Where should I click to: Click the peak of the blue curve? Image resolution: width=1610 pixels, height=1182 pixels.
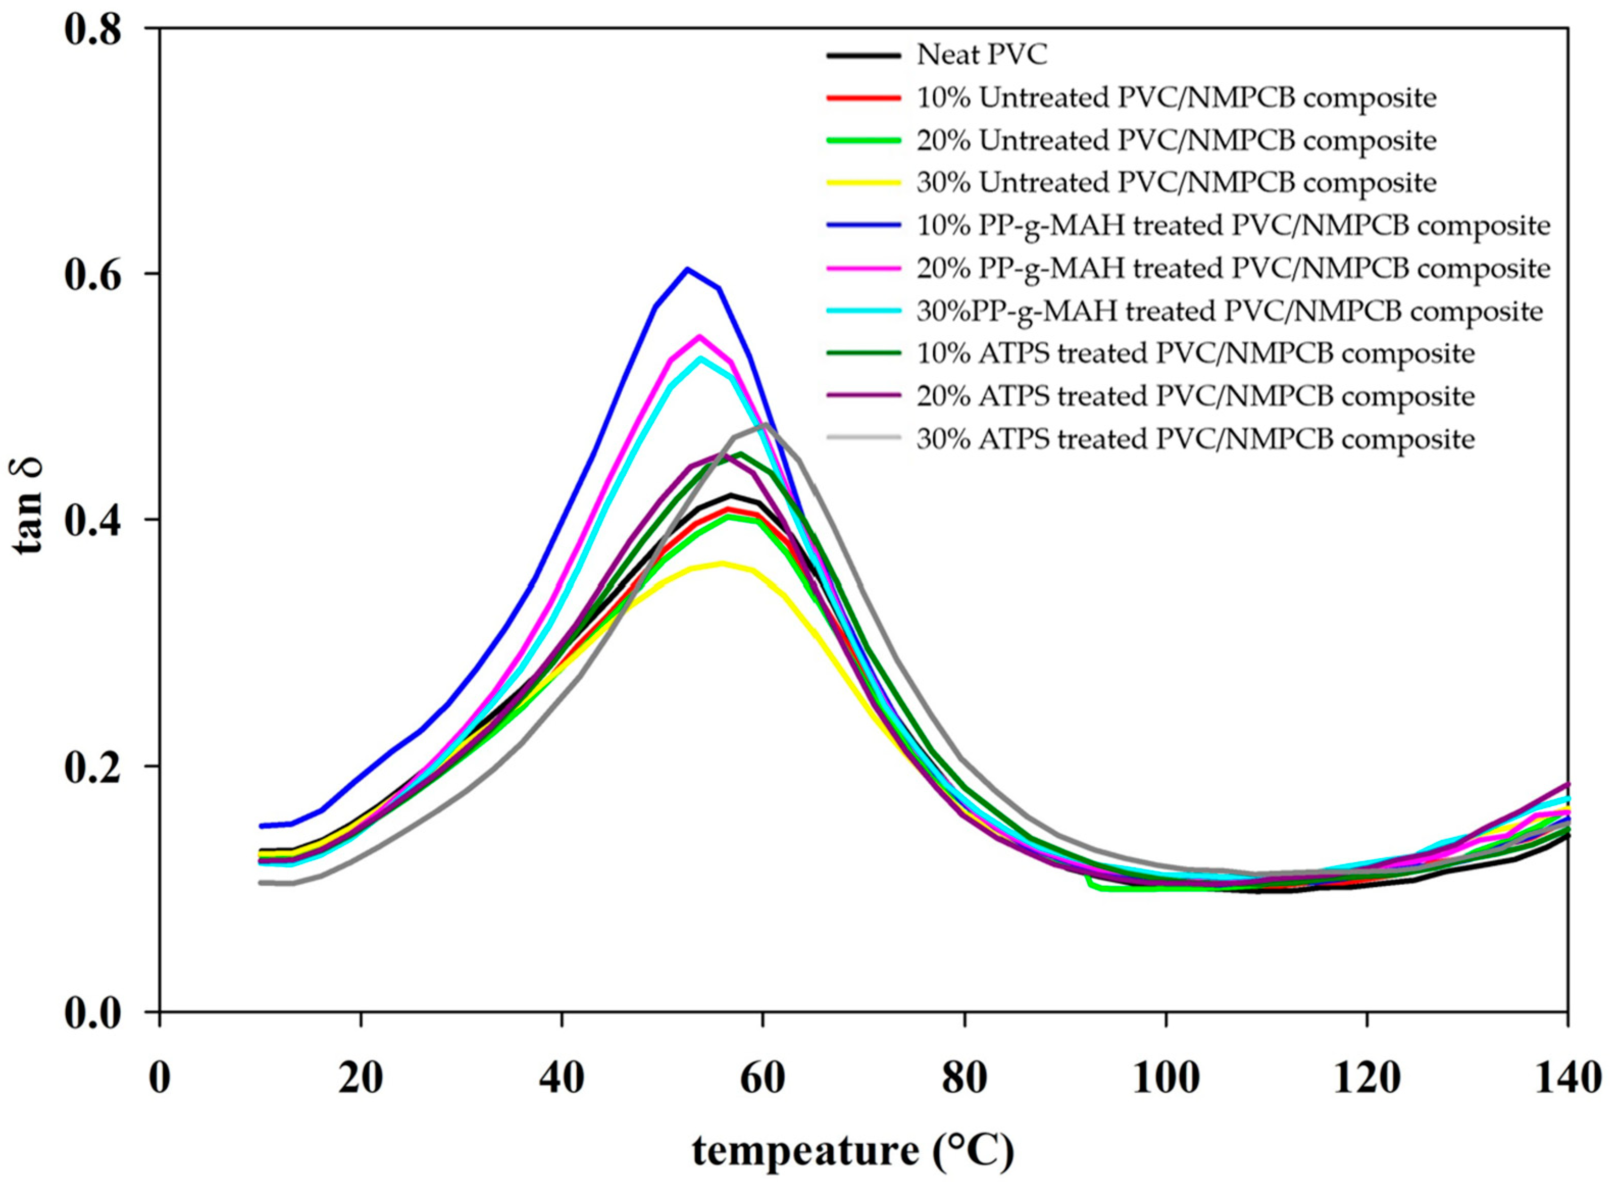pos(687,269)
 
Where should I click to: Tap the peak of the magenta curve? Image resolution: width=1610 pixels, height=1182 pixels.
pos(700,336)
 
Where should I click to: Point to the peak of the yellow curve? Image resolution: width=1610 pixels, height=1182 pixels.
pos(723,563)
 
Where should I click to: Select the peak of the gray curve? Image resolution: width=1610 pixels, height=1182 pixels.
pos(765,424)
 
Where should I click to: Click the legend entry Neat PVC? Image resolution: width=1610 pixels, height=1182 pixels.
pos(982,55)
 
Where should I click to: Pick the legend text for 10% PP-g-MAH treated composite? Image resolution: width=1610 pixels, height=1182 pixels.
pos(1234,225)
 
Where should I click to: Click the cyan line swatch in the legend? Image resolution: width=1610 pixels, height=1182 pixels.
pos(863,311)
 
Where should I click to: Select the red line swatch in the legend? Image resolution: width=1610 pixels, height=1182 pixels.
pos(863,97)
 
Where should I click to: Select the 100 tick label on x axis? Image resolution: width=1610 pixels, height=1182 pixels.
pos(1166,1078)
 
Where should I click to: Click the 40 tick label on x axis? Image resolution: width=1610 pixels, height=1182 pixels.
pos(561,1078)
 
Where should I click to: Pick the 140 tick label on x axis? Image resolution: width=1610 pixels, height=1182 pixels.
pos(1567,1078)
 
